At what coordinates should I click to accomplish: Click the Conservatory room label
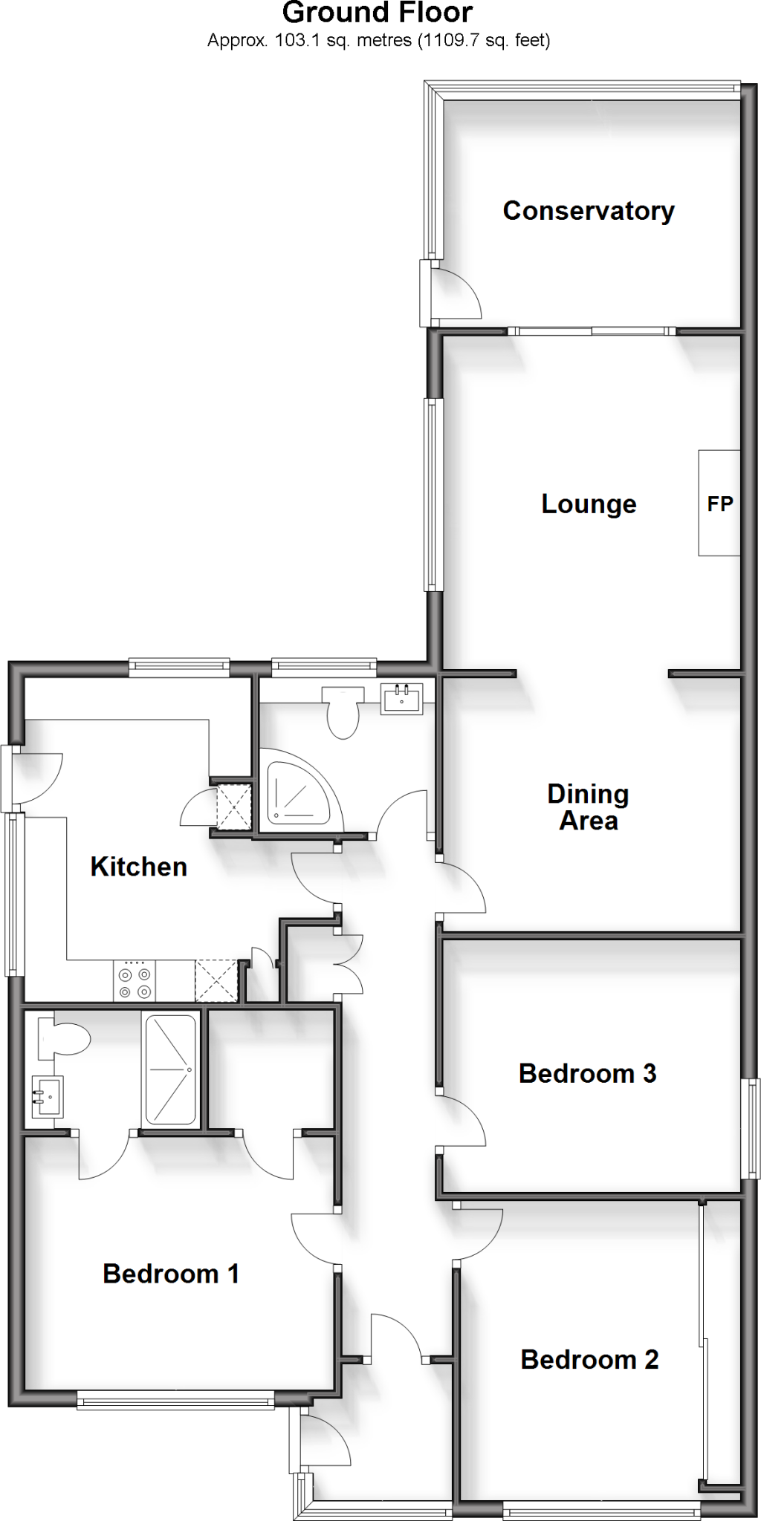tap(588, 211)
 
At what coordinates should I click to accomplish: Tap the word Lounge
tap(588, 504)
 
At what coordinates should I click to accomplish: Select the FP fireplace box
tap(719, 503)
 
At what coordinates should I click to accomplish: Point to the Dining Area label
tap(588, 807)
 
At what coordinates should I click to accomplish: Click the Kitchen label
tap(138, 867)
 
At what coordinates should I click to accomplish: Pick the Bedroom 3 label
tap(587, 1073)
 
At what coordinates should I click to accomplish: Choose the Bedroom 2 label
tap(589, 1360)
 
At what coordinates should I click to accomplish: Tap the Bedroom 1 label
tap(170, 1274)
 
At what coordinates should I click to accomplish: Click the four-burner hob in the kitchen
tap(135, 981)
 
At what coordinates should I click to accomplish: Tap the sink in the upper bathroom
tap(401, 699)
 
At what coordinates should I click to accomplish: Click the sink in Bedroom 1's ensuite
tap(46, 1095)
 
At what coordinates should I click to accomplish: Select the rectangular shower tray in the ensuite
tap(171, 1069)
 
